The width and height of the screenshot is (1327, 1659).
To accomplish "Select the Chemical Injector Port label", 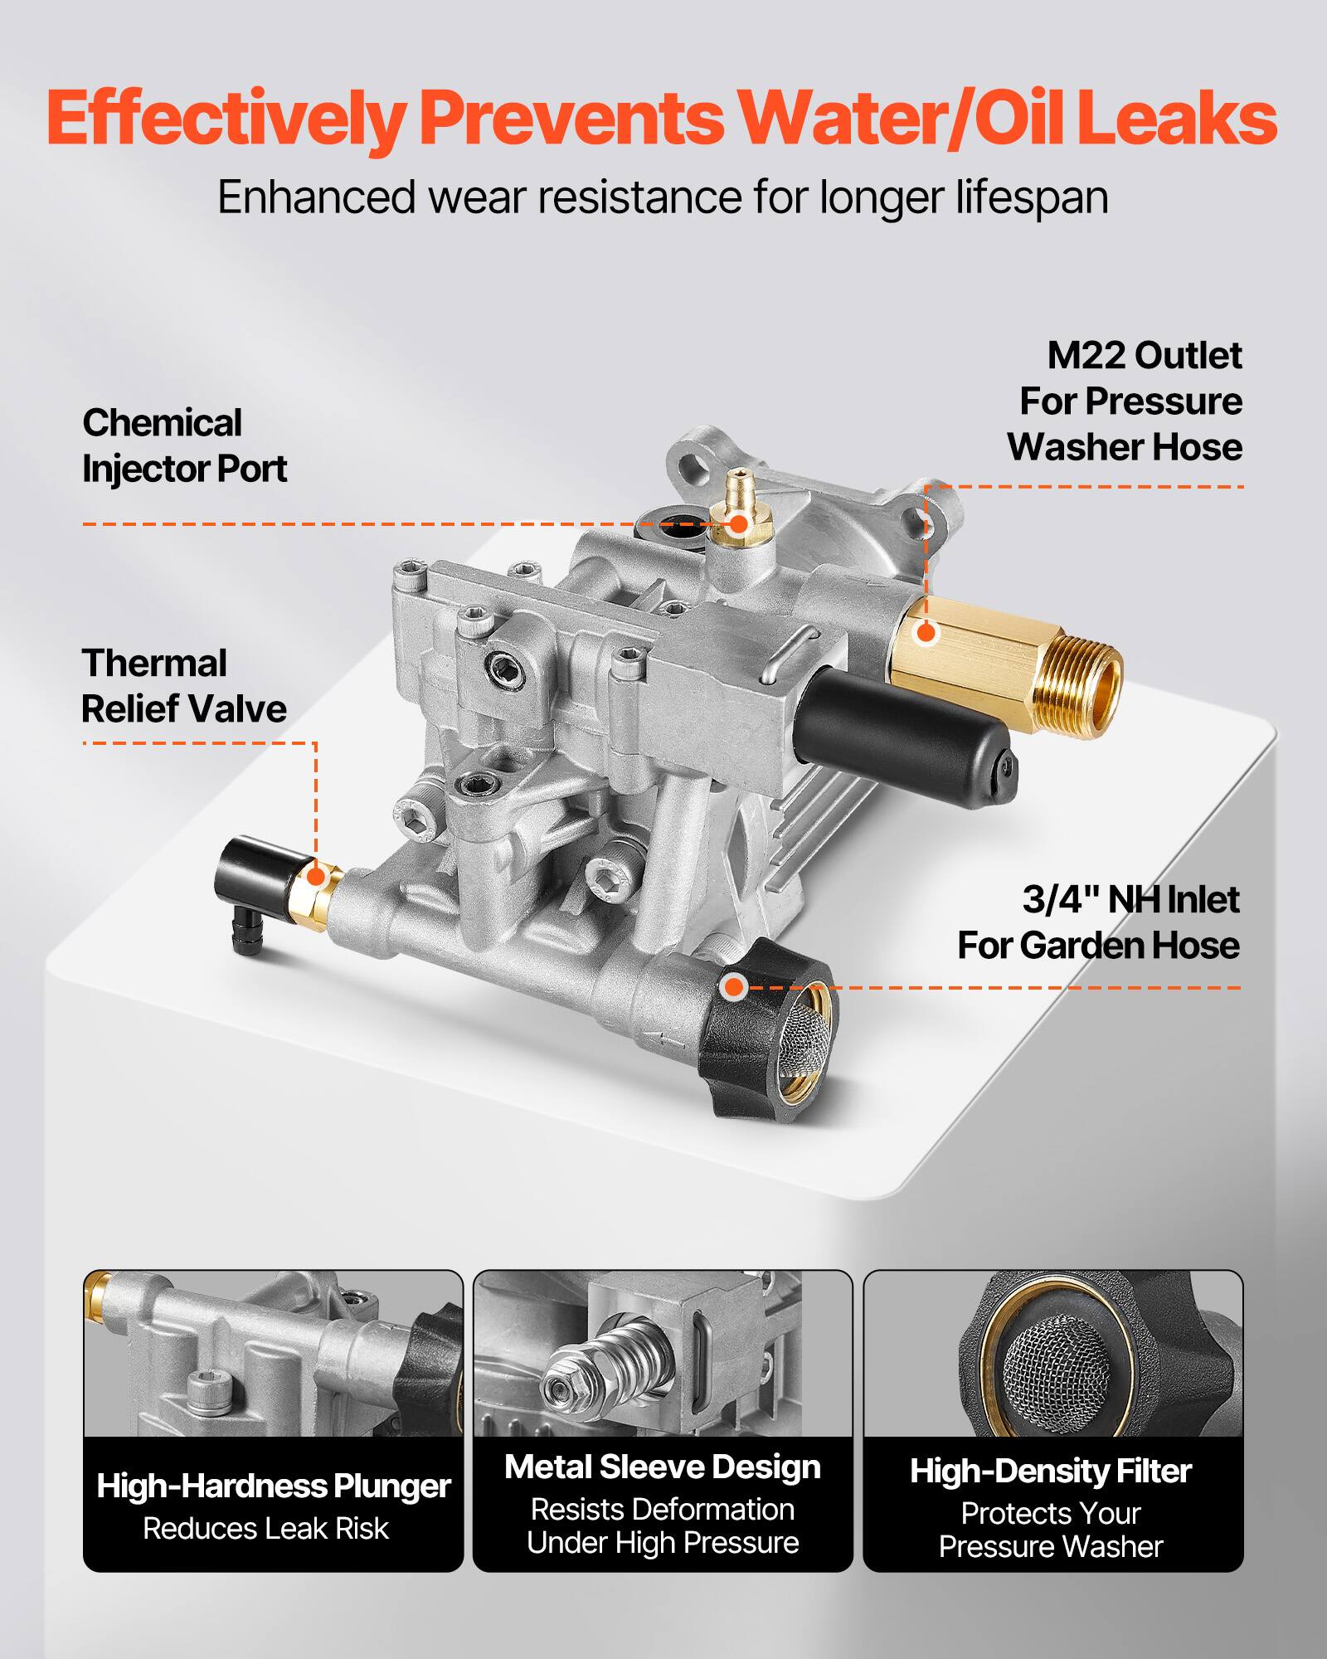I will click(183, 446).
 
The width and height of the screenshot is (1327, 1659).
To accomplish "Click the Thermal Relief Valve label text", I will click(183, 686).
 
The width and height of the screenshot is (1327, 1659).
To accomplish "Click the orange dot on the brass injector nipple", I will click(737, 523).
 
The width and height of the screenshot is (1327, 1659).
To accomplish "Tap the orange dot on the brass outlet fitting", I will click(925, 633).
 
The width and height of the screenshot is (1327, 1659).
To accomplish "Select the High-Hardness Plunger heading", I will click(273, 1486).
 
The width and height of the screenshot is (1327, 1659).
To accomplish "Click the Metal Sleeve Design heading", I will click(662, 1467).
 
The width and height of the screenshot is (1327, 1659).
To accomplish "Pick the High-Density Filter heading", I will click(1051, 1471).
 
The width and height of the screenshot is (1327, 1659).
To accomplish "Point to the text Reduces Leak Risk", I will click(265, 1528).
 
